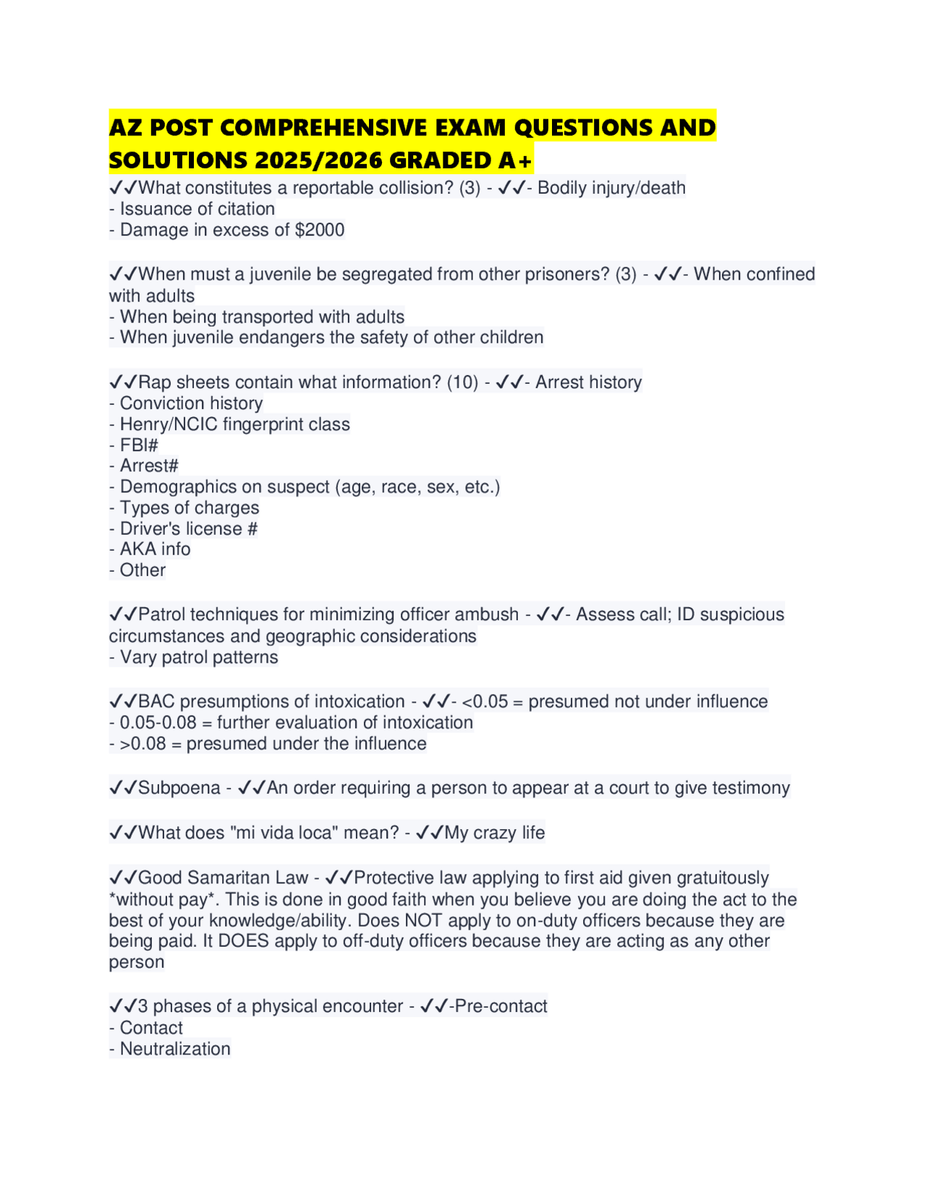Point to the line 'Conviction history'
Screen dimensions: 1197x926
191,403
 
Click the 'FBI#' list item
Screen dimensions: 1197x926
139,445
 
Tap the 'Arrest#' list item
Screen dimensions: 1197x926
149,465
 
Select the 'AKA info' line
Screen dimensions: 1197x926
155,549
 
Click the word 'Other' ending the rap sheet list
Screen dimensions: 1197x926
143,570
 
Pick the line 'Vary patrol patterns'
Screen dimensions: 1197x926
199,657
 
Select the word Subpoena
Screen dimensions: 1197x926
179,788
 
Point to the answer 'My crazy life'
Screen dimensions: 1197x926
494,833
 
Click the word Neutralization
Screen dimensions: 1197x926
175,1049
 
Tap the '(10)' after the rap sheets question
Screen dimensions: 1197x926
462,382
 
